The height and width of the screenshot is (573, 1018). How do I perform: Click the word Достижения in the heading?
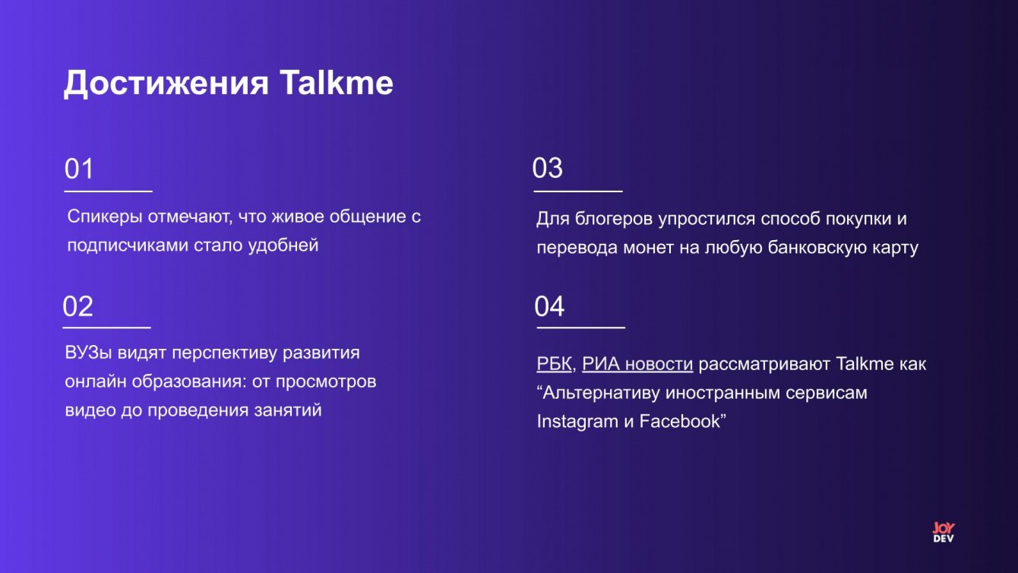[x=166, y=84]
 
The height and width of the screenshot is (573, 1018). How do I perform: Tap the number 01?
[x=78, y=168]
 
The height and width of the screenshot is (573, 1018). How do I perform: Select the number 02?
[x=77, y=306]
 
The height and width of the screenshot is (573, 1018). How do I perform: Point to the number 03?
[x=547, y=168]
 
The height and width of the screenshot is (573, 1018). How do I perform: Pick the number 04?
[x=549, y=306]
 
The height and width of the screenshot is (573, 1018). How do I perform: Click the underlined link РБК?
[x=554, y=364]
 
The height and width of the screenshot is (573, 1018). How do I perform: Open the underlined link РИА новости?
[x=637, y=364]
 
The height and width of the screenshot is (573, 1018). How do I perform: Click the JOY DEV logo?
[x=944, y=532]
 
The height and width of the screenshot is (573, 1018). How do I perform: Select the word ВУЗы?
[x=88, y=353]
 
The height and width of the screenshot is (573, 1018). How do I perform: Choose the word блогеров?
[x=614, y=219]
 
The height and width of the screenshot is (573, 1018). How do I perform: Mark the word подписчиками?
[x=128, y=245]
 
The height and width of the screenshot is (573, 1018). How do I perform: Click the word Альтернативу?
[x=600, y=393]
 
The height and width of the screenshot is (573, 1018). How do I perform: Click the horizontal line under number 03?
[x=578, y=192]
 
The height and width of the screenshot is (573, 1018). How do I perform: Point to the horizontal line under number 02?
[x=106, y=328]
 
